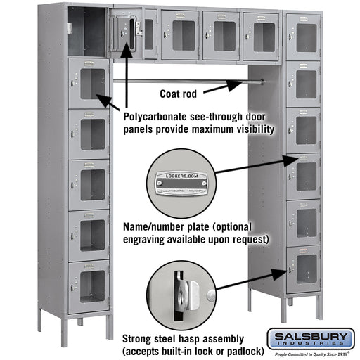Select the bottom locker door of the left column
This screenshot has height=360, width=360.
90,285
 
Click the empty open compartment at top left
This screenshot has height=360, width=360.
87,32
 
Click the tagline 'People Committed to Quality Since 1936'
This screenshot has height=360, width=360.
310,354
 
